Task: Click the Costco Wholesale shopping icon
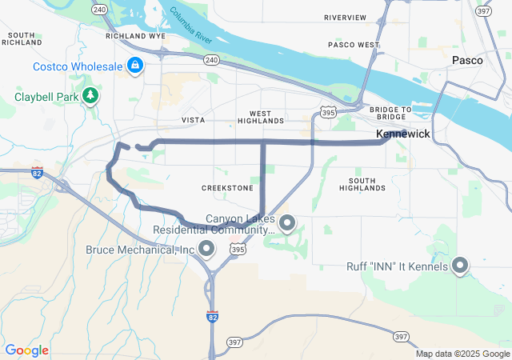pos(135,65)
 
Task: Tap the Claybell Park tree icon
pos(92,97)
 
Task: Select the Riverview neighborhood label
pos(345,18)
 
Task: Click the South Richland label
pos(22,38)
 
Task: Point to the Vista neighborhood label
pos(193,120)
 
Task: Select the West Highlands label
pos(261,117)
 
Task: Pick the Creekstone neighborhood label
pos(227,188)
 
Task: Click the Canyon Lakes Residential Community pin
pos(287,222)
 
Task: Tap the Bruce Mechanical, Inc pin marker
pos(206,250)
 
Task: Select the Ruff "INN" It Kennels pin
pos(460,266)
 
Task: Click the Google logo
pos(26,350)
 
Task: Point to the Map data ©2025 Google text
pos(462,354)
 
